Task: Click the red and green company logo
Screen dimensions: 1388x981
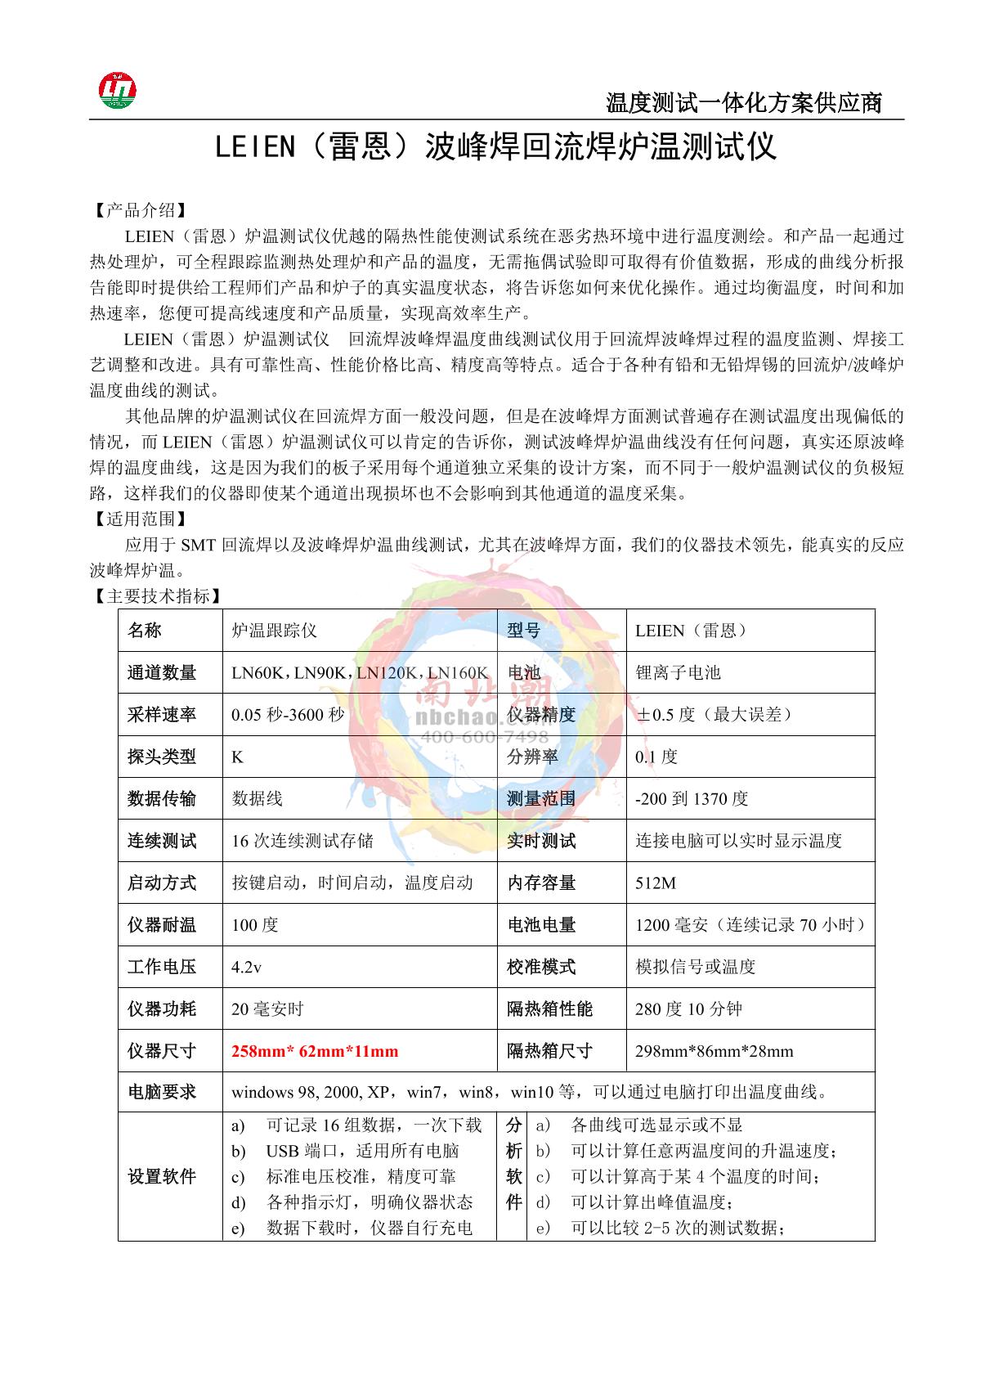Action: [118, 90]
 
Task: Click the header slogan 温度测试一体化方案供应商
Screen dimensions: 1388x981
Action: [743, 103]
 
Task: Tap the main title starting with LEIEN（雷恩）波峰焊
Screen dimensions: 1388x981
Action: [495, 148]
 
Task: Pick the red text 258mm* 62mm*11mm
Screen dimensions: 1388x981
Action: [315, 1051]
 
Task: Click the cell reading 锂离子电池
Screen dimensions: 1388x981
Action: [678, 672]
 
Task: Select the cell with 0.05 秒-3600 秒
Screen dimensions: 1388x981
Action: [288, 715]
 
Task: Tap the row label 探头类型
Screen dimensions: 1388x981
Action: [162, 757]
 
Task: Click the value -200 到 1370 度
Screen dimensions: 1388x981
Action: [692, 799]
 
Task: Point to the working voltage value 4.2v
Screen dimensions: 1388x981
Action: [246, 967]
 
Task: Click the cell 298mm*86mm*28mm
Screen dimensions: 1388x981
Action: [714, 1051]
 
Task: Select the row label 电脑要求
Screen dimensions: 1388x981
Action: [162, 1092]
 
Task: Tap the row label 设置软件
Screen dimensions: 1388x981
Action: [162, 1176]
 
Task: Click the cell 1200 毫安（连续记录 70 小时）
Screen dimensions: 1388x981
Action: [750, 925]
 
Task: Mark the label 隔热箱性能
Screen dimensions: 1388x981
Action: [549, 1009]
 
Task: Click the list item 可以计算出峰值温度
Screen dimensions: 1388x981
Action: [651, 1202]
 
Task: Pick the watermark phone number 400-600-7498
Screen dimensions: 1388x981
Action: [484, 738]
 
